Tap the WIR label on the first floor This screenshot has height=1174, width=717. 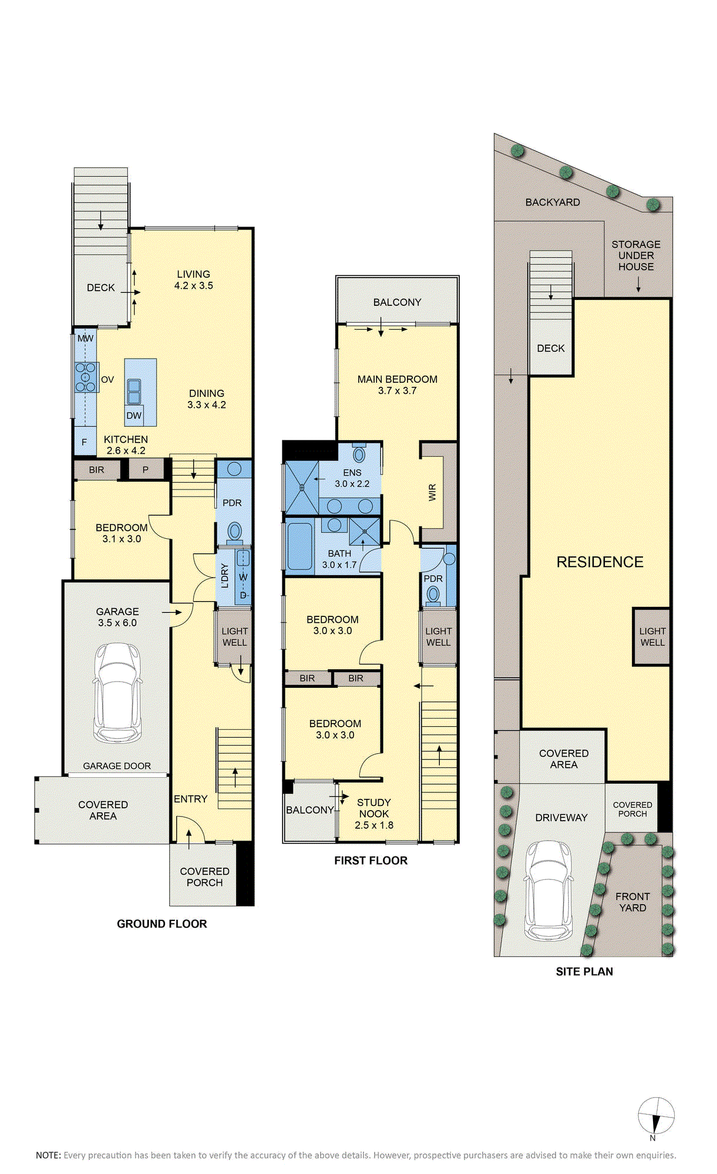[433, 492]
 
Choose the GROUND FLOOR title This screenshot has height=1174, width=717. [162, 924]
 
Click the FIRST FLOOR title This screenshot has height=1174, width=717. [371, 861]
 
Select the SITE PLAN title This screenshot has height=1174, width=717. [584, 971]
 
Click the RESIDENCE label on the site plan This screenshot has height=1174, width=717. [600, 562]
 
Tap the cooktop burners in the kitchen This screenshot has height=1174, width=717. [86, 377]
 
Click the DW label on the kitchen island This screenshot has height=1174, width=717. [134, 416]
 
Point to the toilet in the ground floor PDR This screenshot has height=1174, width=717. [235, 532]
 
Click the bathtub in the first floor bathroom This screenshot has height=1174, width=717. [299, 546]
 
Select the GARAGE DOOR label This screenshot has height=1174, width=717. [117, 766]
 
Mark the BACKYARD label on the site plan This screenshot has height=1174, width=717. [553, 203]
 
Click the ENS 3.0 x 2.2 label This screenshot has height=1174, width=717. [352, 478]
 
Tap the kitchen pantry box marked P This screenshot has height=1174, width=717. [146, 470]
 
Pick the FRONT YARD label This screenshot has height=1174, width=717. [632, 902]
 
